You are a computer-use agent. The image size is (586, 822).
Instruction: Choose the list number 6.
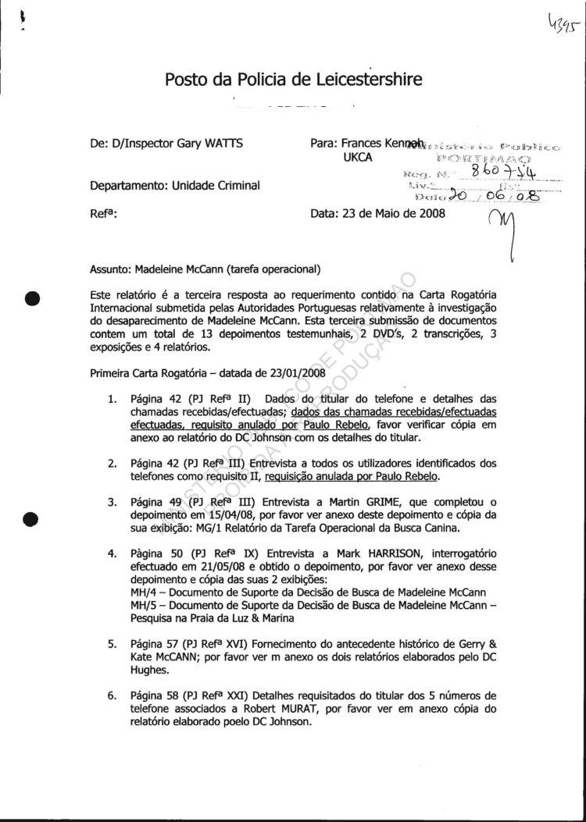[113, 693]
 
